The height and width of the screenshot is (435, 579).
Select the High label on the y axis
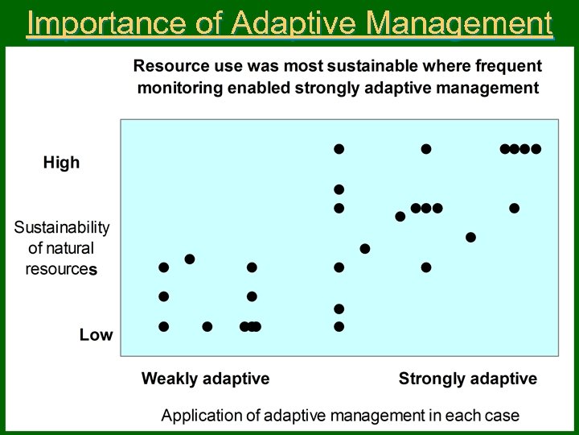click(x=61, y=163)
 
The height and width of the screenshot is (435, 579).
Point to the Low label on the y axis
click(x=96, y=335)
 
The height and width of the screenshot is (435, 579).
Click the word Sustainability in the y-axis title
click(x=62, y=228)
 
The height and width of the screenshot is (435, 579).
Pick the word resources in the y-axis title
click(x=61, y=270)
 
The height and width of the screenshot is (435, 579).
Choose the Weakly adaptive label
click(x=205, y=379)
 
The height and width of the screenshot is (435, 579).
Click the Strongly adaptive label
click(x=467, y=379)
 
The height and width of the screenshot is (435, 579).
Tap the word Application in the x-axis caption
click(x=201, y=416)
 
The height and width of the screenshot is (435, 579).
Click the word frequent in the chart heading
click(x=505, y=65)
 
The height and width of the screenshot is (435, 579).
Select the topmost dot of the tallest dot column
click(x=339, y=149)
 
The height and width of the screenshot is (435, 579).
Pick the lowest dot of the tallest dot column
click(x=339, y=326)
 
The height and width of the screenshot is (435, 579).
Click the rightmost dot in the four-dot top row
click(x=536, y=149)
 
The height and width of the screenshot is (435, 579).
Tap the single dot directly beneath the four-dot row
click(x=515, y=209)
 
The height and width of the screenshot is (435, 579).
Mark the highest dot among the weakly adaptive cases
click(x=190, y=259)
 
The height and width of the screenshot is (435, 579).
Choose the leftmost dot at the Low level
click(x=164, y=326)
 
